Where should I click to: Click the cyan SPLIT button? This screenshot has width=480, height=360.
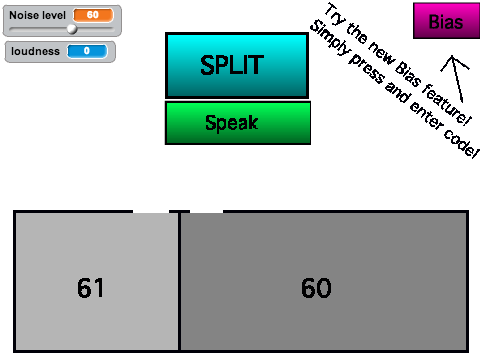(237, 65)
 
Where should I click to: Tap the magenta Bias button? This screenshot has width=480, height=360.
(446, 21)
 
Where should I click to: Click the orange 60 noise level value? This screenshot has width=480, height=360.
(93, 15)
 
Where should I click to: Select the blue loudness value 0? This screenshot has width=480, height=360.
(87, 51)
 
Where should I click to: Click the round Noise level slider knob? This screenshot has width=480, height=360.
(72, 29)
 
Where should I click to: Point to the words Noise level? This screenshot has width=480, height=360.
(37, 15)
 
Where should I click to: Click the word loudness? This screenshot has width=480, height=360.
(35, 51)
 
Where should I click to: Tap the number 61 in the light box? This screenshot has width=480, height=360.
(90, 288)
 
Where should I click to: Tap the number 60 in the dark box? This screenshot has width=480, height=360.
(316, 288)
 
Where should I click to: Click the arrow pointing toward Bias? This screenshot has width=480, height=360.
(457, 79)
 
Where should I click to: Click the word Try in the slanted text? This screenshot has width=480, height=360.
(336, 14)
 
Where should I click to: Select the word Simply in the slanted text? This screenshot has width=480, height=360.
(330, 38)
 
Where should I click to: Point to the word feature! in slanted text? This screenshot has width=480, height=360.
(447, 105)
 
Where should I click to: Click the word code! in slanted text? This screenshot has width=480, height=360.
(461, 142)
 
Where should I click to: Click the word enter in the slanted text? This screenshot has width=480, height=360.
(426, 115)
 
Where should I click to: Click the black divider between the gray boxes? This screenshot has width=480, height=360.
(179, 282)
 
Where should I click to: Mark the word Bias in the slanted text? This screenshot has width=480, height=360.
(408, 74)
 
